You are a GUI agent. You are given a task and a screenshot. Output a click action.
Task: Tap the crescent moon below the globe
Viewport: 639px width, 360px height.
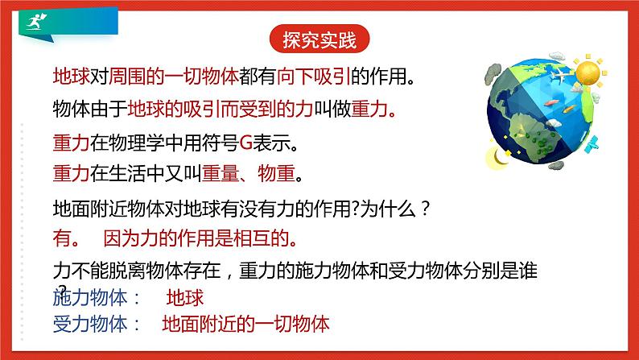coord(500,156)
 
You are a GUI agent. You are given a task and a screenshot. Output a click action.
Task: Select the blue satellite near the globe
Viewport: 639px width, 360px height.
coord(592,144)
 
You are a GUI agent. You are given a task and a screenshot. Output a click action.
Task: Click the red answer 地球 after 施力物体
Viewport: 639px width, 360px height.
coord(184,297)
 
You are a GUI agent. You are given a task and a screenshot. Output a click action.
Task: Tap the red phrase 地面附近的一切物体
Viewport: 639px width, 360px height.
coord(245,325)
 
